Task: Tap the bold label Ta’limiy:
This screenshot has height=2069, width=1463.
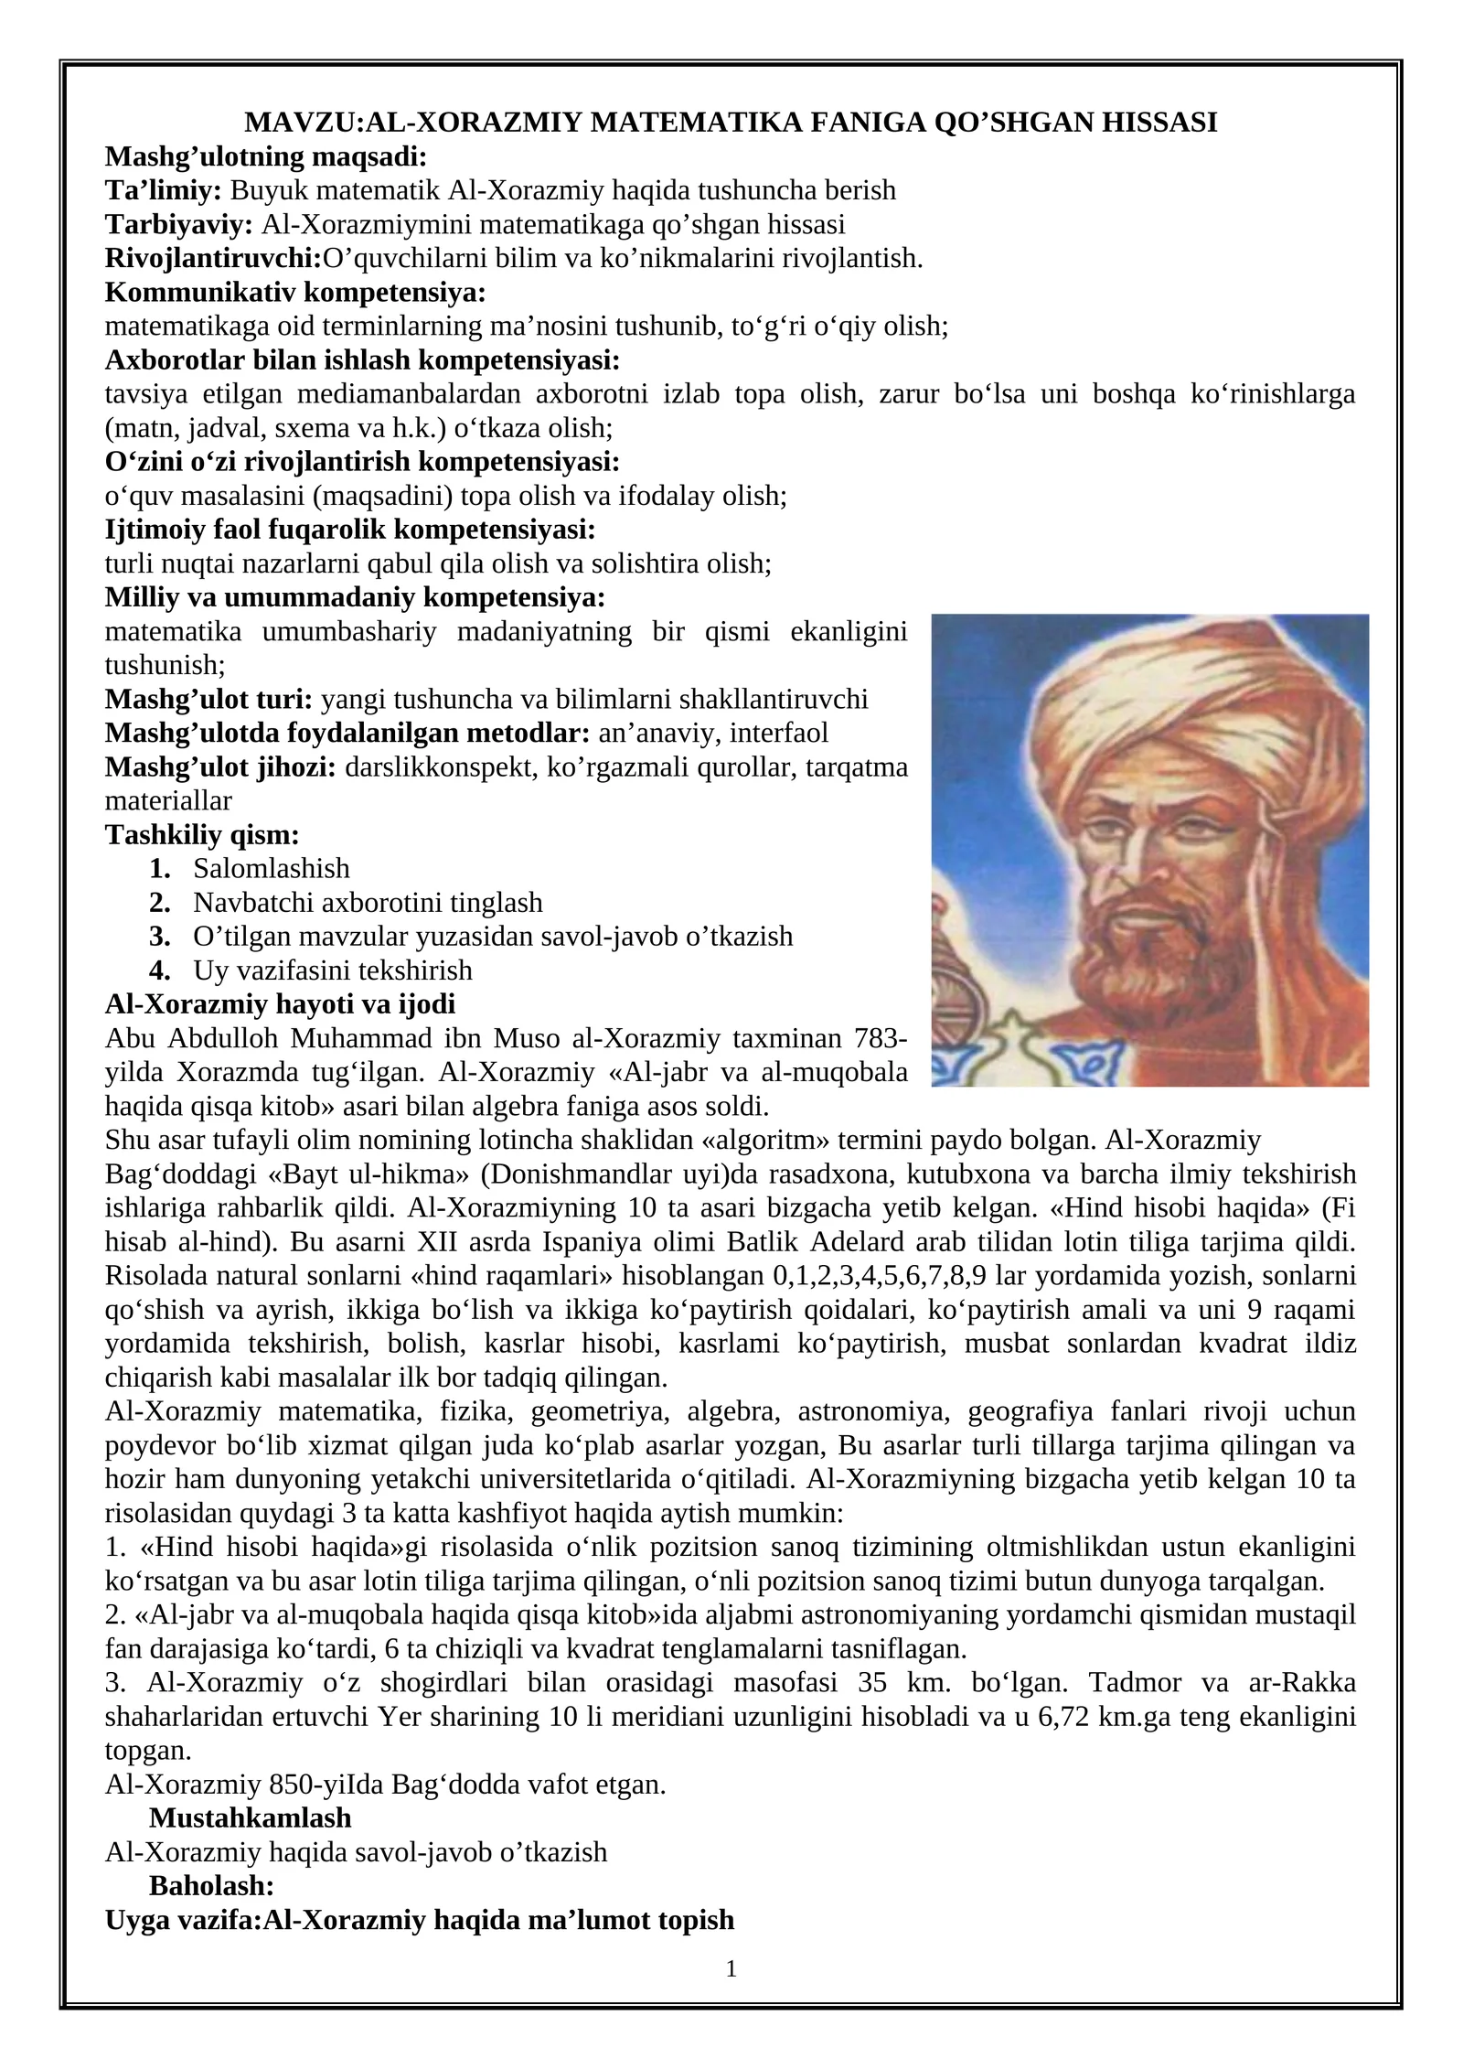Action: (x=164, y=190)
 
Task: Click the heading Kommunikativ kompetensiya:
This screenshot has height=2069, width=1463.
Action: (x=295, y=293)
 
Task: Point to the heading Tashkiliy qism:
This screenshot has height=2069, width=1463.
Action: (x=202, y=834)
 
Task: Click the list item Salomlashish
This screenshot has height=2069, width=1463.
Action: (x=272, y=868)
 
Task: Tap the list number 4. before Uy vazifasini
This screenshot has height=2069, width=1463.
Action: (x=160, y=970)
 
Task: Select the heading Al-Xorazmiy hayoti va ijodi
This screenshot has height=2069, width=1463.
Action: (x=280, y=1003)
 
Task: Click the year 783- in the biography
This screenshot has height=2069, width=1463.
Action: (x=880, y=1038)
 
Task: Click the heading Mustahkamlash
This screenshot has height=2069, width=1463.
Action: (x=250, y=1817)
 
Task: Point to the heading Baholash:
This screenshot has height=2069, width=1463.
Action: (x=211, y=1885)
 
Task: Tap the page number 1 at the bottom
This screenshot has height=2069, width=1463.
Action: (x=731, y=1969)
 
